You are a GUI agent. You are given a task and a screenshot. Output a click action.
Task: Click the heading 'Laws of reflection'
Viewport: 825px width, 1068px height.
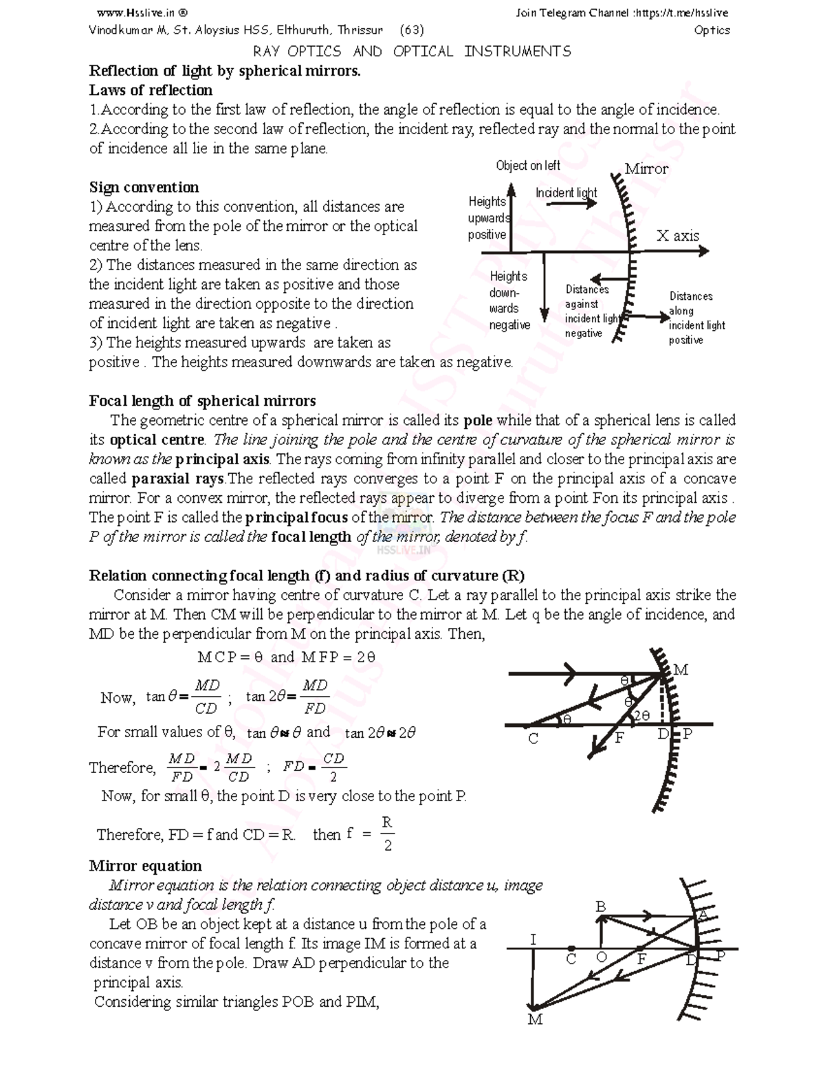coord(151,90)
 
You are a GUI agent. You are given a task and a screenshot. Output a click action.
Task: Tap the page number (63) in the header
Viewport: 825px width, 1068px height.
coord(412,30)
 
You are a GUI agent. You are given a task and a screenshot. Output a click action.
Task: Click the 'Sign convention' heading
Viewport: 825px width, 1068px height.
coord(144,187)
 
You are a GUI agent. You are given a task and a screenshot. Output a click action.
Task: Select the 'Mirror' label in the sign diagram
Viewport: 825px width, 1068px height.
coord(646,169)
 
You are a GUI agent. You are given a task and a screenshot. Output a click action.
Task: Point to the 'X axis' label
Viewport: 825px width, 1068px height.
coord(677,236)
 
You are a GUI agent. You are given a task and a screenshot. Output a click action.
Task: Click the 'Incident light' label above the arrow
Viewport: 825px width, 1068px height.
coord(566,193)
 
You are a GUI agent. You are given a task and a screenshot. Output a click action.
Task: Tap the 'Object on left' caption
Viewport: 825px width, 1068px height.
coord(528,166)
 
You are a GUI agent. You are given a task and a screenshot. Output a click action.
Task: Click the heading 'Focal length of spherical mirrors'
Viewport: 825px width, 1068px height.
coord(202,401)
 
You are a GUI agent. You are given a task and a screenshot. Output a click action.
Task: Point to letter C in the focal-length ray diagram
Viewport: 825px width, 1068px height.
coord(533,739)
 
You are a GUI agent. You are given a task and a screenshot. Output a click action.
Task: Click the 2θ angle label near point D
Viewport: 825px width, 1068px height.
coord(641,716)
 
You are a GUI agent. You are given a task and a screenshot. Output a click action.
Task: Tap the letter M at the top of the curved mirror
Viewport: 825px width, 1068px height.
coord(681,669)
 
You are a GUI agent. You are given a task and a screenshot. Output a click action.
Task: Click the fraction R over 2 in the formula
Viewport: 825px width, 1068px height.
coord(387,833)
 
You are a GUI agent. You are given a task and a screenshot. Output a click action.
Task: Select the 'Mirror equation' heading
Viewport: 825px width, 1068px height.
coord(145,866)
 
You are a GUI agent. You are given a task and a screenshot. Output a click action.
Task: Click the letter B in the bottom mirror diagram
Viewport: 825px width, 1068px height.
coord(600,907)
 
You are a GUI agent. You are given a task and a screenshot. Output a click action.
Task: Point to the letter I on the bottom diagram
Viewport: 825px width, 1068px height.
coord(533,939)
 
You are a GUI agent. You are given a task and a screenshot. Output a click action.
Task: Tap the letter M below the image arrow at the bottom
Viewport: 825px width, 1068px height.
coord(535,1020)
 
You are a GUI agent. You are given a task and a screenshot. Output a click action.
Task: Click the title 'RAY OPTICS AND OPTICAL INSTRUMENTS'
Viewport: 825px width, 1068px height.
coord(412,52)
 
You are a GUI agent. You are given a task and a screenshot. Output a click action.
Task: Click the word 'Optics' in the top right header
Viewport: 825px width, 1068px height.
coord(712,30)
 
